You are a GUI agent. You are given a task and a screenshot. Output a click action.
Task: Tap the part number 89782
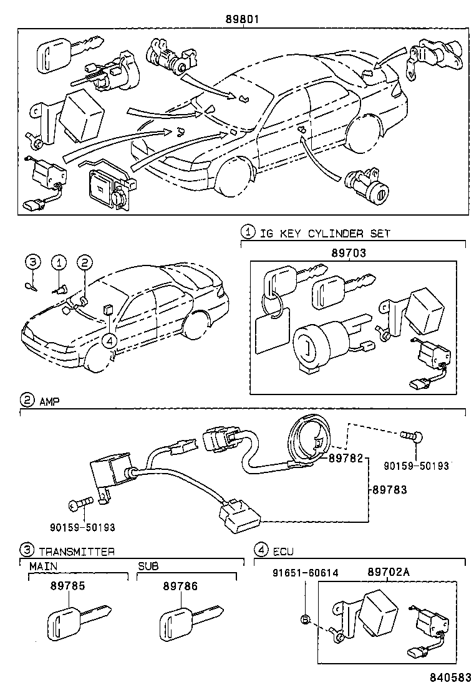346,458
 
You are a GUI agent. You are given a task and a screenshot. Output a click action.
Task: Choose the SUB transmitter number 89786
180,586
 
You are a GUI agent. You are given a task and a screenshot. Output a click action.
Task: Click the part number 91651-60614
305,573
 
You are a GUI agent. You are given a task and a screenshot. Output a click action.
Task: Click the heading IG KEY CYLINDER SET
325,234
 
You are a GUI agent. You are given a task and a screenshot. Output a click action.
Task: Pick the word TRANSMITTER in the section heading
77,551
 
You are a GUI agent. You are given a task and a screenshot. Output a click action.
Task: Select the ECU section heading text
283,551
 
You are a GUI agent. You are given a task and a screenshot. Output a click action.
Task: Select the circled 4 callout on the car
109,340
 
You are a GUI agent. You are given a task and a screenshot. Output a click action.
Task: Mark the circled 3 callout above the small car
32,262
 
